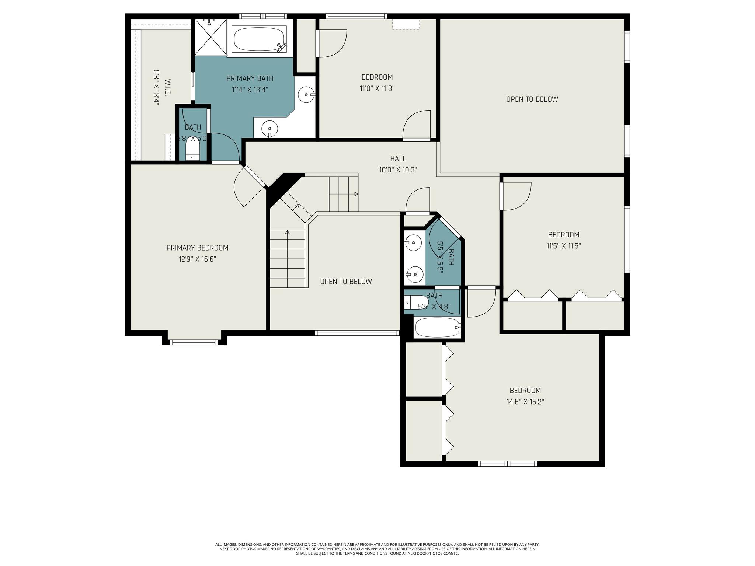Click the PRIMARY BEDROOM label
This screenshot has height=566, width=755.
click(x=197, y=248)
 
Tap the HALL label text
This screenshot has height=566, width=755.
click(x=398, y=159)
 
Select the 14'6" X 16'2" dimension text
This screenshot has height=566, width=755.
click(x=525, y=402)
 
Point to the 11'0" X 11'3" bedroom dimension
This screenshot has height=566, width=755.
click(x=377, y=88)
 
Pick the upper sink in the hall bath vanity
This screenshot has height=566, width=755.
click(x=414, y=243)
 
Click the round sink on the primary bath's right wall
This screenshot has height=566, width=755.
click(x=306, y=95)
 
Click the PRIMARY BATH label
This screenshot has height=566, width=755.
click(x=250, y=78)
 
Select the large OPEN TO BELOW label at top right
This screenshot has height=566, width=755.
click(x=532, y=99)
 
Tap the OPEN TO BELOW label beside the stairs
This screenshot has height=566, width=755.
click(x=346, y=282)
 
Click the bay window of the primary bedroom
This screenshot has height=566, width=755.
click(x=194, y=342)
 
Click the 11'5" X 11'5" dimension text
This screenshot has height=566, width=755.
click(x=564, y=246)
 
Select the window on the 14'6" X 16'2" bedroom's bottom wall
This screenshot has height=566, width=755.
click(x=507, y=464)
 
